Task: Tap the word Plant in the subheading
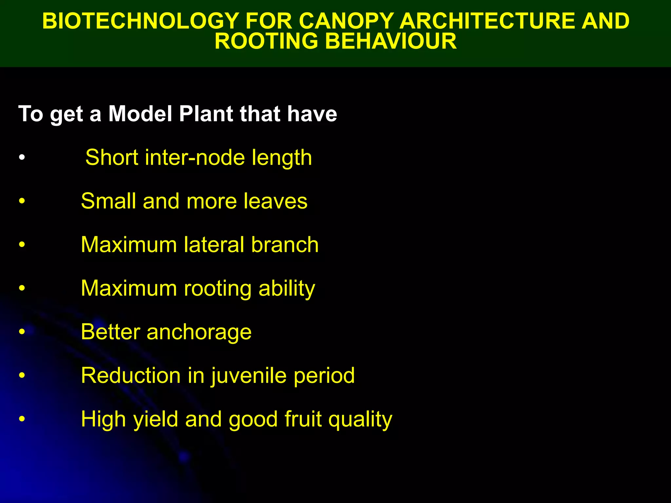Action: [206, 114]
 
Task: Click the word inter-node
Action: [195, 158]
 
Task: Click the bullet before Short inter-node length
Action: [22, 158]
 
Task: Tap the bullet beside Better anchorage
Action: [22, 332]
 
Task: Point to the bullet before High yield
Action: [22, 419]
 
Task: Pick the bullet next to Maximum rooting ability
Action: [22, 289]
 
